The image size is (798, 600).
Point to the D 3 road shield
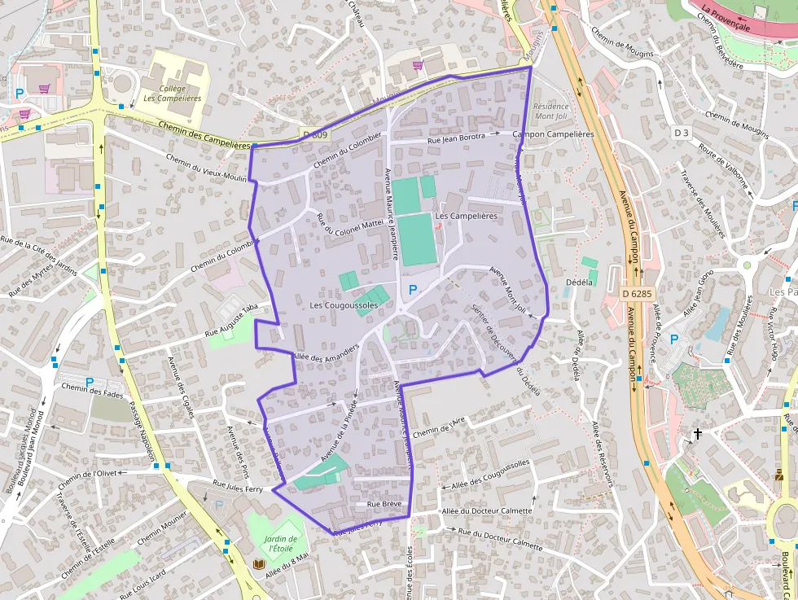682,132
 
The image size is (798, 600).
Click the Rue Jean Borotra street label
458,138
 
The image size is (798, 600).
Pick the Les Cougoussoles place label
344,305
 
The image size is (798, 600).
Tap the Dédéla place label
578,282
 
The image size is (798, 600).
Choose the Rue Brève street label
384,505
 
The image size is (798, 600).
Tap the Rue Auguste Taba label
231,320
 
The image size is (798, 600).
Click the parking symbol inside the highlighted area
413,290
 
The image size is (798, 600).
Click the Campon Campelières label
554,134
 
